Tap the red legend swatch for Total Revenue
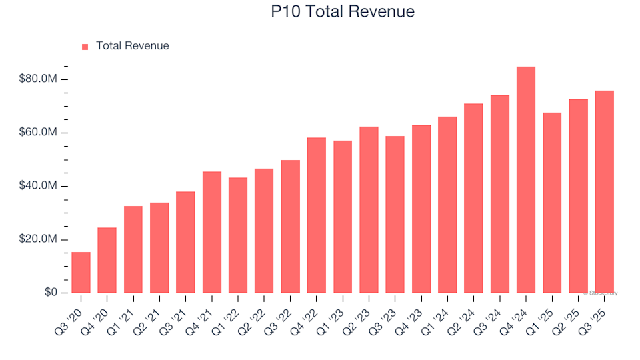click(85, 47)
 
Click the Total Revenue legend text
click(132, 46)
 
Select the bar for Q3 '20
click(81, 273)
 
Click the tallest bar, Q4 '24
click(526, 180)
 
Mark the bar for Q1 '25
click(552, 203)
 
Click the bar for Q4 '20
click(107, 261)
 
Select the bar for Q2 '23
click(369, 210)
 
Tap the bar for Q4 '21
click(212, 233)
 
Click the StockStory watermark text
click(601, 293)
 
